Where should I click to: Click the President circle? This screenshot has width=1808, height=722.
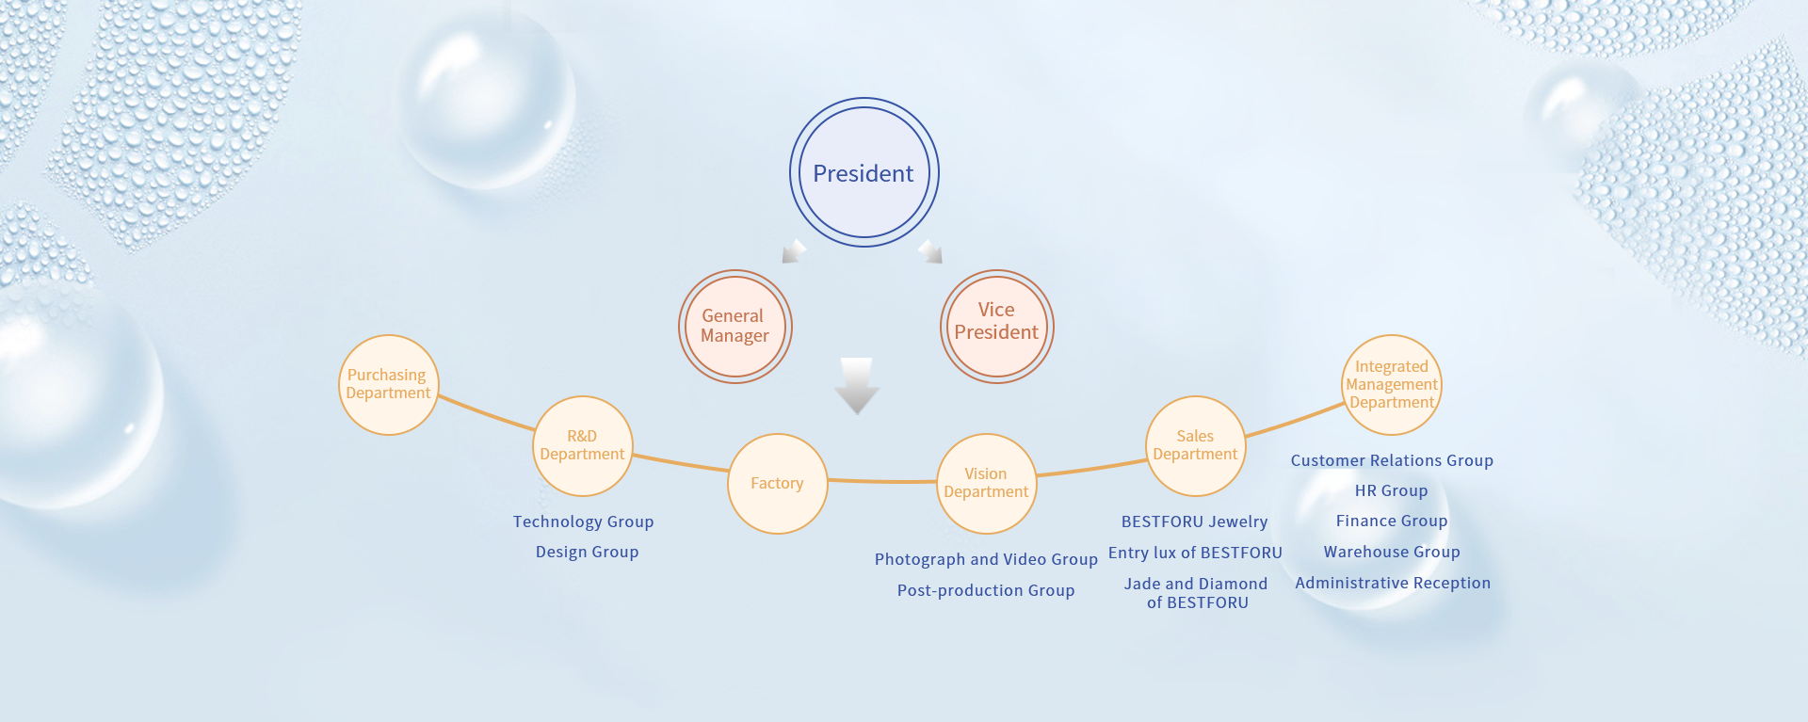click(864, 173)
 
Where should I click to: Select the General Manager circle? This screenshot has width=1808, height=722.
click(734, 327)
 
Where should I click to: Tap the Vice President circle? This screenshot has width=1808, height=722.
click(996, 327)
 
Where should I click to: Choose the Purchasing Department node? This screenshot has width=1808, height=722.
click(388, 385)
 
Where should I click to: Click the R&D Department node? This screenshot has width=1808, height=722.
click(582, 446)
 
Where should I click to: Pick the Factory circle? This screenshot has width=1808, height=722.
click(777, 484)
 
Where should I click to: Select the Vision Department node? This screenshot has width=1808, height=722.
click(986, 484)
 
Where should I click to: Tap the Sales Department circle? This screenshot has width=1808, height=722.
click(1195, 446)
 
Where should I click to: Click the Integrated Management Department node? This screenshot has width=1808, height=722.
click(1391, 385)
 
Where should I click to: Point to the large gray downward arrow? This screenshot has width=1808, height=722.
click(857, 384)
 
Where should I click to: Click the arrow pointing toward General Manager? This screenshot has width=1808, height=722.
click(794, 251)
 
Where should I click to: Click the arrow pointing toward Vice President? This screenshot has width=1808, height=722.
click(930, 251)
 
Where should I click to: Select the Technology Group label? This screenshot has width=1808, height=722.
click(583, 521)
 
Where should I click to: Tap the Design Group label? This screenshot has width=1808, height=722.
click(587, 552)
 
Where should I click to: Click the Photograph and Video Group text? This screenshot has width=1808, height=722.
click(986, 559)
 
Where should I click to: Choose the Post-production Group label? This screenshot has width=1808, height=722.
click(986, 590)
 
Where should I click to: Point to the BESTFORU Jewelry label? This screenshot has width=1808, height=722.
click(1194, 521)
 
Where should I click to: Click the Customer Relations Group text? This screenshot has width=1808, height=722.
click(1392, 460)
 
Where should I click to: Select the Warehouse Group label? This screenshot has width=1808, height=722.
click(1392, 552)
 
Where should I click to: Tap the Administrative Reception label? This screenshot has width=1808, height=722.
click(1393, 583)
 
